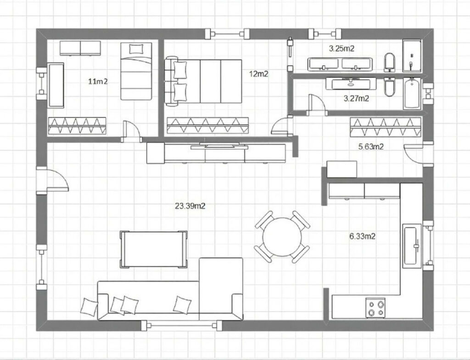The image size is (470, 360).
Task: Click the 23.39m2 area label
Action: (190, 206)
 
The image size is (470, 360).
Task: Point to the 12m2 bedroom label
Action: (259, 74)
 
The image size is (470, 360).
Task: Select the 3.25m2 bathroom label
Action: (341, 49)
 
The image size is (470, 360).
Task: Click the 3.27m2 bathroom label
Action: (356, 98)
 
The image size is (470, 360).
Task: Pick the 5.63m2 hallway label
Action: (371, 146)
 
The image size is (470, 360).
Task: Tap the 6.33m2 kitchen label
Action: (363, 236)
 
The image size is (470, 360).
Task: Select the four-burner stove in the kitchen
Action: (375, 308)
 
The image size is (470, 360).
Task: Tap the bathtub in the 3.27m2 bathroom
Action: (412, 93)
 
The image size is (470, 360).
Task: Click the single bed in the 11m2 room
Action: (136, 71)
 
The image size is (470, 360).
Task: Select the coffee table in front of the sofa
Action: (153, 249)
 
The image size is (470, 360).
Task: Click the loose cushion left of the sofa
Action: (89, 307)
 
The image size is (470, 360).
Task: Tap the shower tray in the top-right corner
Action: (412, 56)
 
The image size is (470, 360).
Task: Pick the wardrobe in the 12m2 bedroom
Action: (208, 125)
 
